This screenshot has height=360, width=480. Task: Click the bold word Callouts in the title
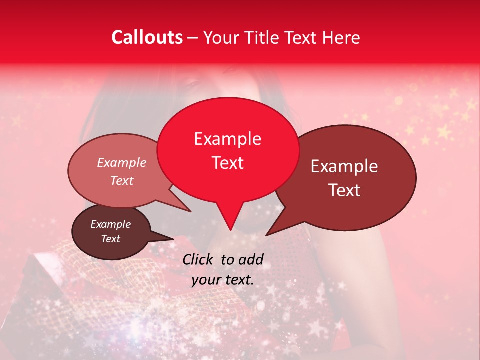(x=147, y=37)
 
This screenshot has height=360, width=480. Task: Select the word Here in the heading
(x=341, y=37)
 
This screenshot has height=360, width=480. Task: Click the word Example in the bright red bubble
(x=227, y=139)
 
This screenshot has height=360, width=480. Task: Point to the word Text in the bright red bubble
(x=227, y=163)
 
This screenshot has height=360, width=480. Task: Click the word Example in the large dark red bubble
(x=344, y=166)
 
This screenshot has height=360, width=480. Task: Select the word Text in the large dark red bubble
(x=344, y=190)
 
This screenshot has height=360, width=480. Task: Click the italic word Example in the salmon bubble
(x=122, y=163)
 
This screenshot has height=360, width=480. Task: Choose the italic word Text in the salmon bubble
(x=122, y=180)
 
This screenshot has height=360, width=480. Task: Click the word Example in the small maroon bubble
(x=110, y=224)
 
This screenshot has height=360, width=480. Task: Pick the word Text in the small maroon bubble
(x=110, y=239)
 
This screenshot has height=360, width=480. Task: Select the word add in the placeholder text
(x=251, y=259)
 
